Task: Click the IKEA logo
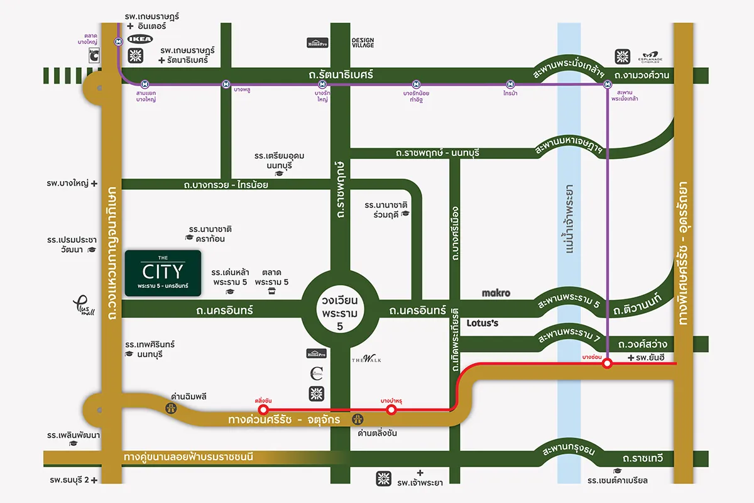pos(140,39)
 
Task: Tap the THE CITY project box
pos(163,274)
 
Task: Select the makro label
pos(496,293)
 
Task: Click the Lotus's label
pos(483,323)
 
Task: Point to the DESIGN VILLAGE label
pos(363,42)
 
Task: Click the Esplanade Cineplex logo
pos(651,57)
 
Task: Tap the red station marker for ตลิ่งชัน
pos(263,410)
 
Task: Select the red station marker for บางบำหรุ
pos(391,410)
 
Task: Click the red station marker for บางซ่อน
pos(607,363)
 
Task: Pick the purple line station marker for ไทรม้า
pos(511,84)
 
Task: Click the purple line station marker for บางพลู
pos(226,84)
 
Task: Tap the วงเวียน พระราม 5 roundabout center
pos(339,308)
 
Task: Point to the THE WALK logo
pos(366,360)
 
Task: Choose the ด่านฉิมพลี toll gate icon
pos(171,409)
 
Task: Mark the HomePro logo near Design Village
pos(317,43)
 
